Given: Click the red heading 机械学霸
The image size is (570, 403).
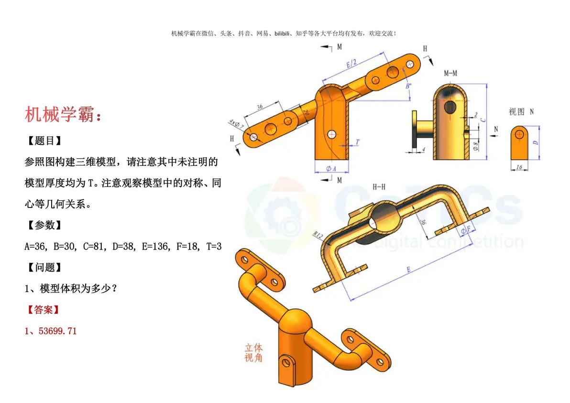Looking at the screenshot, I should tap(63, 115).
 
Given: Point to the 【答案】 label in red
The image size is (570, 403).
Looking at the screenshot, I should tap(43, 310).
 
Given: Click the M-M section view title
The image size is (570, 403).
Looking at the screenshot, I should tap(450, 73).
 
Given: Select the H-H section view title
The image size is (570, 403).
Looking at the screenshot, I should tap(379, 187).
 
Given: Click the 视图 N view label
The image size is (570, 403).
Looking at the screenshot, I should tap(521, 112).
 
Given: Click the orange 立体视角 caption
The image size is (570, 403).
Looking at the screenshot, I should tap(253, 352).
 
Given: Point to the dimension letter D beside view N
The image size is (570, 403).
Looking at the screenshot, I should tap(536, 142).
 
